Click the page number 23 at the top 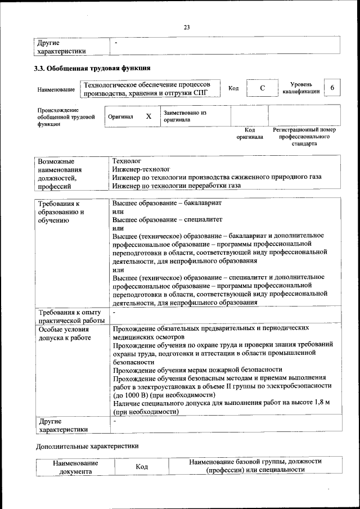click(187, 27)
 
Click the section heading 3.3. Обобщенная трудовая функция click(93, 69)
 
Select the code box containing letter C click(262, 89)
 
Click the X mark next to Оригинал click(148, 116)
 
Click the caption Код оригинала click(250, 133)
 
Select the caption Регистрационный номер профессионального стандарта click(304, 137)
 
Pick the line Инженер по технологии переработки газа click(176, 185)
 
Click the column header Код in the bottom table click(142, 467)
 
